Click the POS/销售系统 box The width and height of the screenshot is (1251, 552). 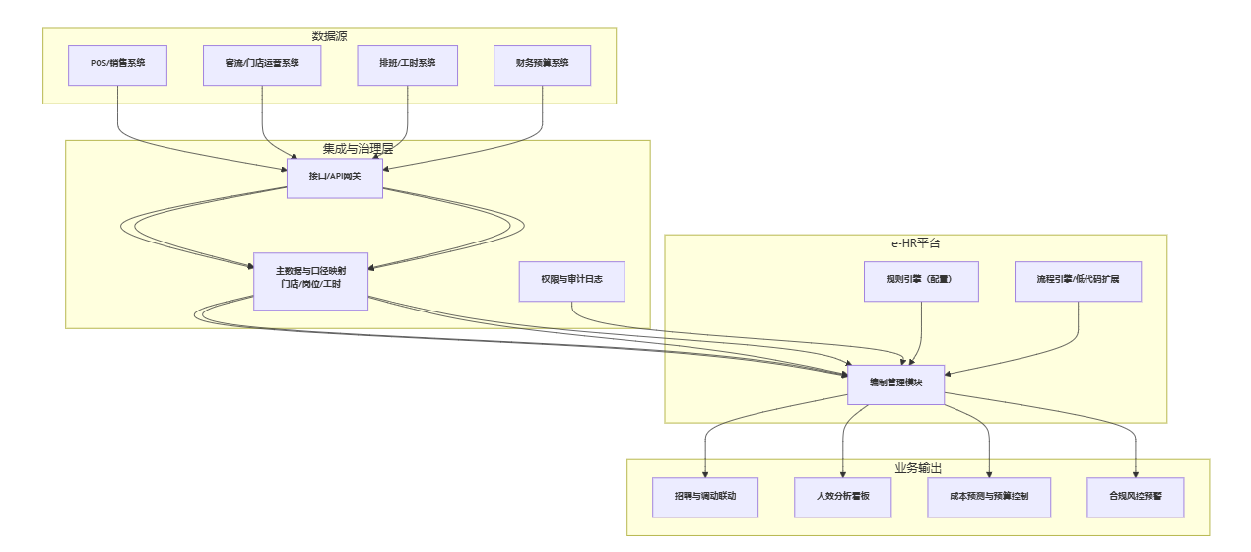pos(117,65)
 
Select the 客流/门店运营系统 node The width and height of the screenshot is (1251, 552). pos(262,65)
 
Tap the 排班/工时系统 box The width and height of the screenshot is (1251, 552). pos(407,65)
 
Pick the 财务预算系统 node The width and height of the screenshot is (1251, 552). pos(542,65)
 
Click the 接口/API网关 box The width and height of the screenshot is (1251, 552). pos(334,177)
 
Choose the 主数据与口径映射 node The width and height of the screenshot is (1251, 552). pos(310,281)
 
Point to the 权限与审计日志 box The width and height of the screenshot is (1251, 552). pos(571,281)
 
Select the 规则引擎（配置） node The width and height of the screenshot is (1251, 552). pos(920,281)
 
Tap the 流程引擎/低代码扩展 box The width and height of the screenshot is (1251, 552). pos(1078,281)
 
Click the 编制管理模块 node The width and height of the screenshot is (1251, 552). pos(895,384)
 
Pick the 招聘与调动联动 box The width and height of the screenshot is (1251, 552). pos(705,497)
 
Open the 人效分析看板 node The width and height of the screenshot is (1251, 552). pos(843,497)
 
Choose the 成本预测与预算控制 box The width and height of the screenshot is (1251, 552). pos(989,497)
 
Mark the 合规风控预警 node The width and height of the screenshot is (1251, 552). pos(1136,497)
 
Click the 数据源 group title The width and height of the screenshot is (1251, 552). pos(329,36)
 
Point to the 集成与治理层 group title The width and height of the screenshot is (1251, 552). pos(358,149)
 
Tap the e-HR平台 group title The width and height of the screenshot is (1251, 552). pos(915,243)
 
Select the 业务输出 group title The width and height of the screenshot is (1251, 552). pos(917,468)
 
